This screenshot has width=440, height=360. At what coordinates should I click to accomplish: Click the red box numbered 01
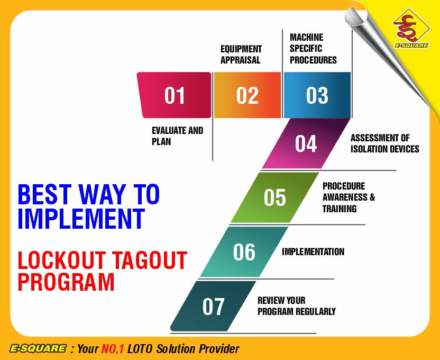click(x=174, y=95)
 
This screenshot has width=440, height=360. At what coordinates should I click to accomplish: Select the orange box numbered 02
click(x=247, y=95)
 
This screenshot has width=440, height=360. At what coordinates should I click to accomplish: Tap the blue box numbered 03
click(x=317, y=95)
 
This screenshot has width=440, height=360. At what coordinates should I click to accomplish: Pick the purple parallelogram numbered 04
click(x=306, y=143)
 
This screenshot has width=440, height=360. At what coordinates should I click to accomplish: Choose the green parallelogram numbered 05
click(x=275, y=197)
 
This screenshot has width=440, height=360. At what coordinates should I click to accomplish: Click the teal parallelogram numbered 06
click(x=244, y=252)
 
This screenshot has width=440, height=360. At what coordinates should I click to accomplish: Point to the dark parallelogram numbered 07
click(x=213, y=307)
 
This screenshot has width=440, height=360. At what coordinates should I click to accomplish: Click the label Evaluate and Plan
click(x=177, y=136)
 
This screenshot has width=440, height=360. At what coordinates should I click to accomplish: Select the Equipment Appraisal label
click(x=241, y=55)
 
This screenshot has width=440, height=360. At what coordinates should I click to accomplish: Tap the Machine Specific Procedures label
click(x=313, y=49)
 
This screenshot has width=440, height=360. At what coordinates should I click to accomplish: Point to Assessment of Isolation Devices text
click(x=384, y=143)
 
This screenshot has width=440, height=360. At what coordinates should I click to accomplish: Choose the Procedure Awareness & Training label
click(x=349, y=197)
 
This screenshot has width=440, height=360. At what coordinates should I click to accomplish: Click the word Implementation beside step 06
click(x=313, y=251)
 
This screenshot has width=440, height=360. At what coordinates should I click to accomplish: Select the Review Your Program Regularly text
click(x=296, y=306)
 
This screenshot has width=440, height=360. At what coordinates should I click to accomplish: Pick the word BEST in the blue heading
click(x=43, y=195)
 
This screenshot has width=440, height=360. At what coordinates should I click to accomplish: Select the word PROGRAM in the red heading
click(x=66, y=282)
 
